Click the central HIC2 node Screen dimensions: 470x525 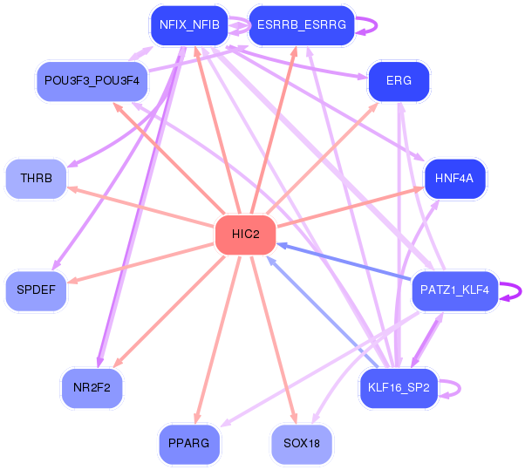245,234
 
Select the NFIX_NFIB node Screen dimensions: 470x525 189,26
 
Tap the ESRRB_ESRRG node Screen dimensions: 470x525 302,26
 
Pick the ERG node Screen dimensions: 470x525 399,81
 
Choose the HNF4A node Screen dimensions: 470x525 453,179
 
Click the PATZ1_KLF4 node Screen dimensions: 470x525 454,289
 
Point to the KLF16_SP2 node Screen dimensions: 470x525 399,388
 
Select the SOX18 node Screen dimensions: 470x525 302,444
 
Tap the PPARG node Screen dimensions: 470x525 189,444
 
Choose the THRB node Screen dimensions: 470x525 36,179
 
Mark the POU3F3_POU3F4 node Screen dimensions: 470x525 92,81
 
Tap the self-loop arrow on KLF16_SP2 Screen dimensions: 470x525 455,388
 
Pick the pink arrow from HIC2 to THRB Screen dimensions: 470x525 140,206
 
